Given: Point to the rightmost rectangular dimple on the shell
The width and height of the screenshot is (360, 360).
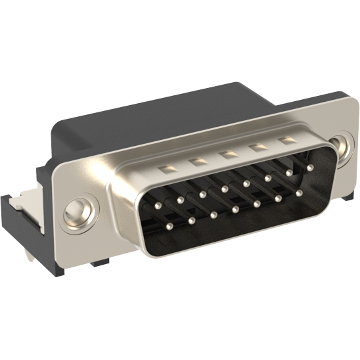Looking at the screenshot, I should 286,141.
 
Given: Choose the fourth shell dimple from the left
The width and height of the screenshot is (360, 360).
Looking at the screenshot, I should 258,148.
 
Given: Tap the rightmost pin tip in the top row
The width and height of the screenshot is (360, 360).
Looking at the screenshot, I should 309,168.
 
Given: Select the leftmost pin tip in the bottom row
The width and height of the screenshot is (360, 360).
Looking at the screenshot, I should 169,227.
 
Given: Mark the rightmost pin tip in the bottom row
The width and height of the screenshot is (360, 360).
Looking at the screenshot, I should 299,193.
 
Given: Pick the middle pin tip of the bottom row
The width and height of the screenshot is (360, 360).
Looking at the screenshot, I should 235,210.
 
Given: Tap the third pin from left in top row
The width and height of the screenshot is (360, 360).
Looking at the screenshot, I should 201,194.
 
